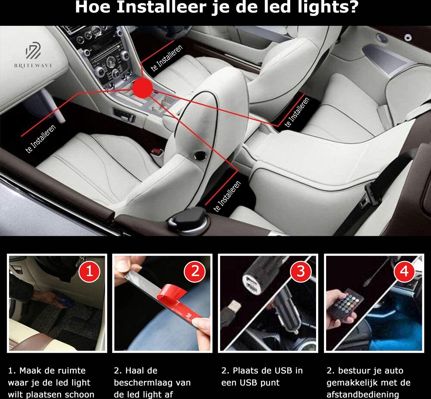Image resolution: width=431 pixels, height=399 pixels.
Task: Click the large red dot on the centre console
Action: pos(142,88)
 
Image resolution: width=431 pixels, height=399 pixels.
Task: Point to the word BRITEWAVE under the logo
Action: pos(34,65)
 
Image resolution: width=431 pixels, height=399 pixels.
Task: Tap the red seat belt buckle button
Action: pos(155,151)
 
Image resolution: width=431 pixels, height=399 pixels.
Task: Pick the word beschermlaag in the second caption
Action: pos(152,382)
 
